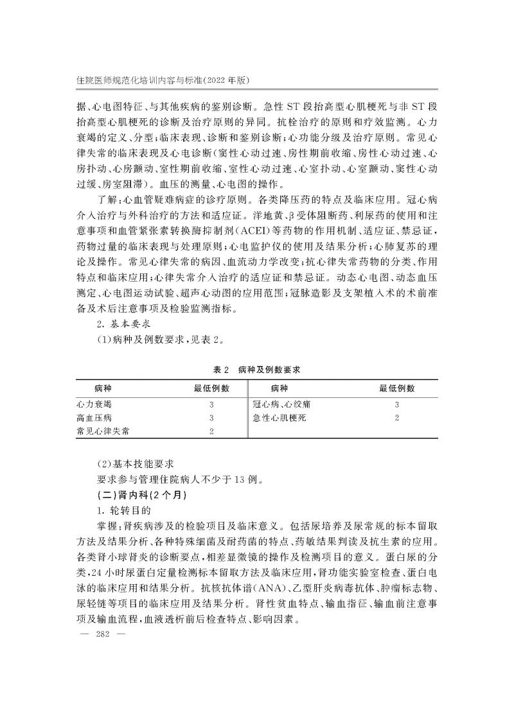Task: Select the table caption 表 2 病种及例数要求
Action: pos(256,370)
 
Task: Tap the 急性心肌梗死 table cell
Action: pos(280,418)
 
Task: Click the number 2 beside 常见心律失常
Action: pos(211,431)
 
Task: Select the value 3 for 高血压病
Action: pos(211,418)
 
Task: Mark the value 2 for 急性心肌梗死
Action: pos(397,418)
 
